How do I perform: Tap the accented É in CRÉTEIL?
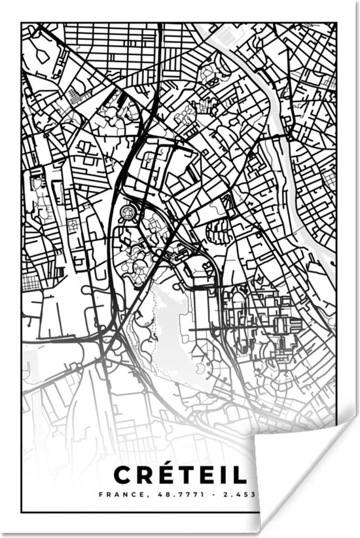click(x=168, y=473)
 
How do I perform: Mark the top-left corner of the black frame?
click(x=22, y=24)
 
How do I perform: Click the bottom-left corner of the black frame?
click(x=22, y=512)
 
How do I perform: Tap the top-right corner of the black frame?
click(x=336, y=24)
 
